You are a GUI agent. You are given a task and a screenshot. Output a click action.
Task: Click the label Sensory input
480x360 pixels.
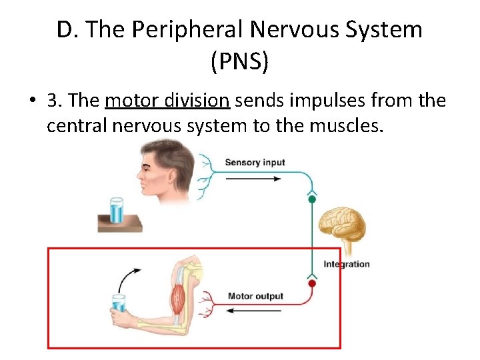click(255, 162)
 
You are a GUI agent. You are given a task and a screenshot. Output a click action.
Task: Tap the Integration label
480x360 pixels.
click(346, 264)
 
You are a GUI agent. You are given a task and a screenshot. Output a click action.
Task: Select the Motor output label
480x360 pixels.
click(255, 296)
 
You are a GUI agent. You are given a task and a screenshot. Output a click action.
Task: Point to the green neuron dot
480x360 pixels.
click(311, 199)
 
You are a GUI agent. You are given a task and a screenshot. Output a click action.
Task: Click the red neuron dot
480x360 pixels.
click(311, 283)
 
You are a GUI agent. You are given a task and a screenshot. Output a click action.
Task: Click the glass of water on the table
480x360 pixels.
click(117, 211)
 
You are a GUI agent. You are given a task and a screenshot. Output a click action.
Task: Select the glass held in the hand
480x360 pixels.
click(119, 303)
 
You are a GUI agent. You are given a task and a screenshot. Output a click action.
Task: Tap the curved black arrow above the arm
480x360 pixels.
click(128, 277)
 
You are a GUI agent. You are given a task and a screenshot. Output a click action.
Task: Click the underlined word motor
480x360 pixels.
click(127, 101)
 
